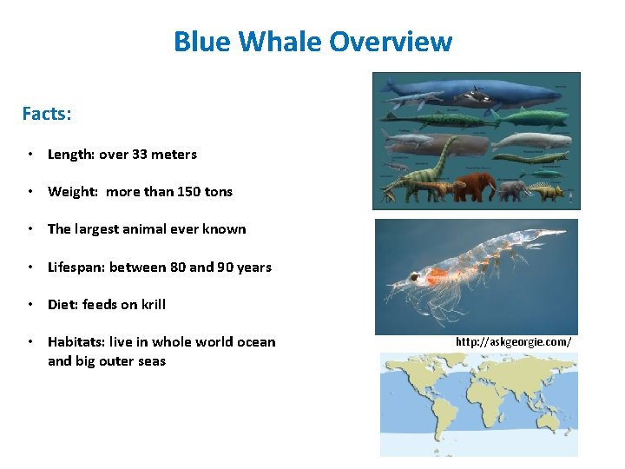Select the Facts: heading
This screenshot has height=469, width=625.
click(x=47, y=114)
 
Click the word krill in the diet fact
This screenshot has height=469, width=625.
click(x=151, y=305)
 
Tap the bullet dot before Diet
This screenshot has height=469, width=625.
click(x=30, y=305)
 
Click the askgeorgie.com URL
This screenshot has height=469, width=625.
click(x=513, y=341)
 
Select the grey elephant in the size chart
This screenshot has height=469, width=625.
click(x=512, y=189)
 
